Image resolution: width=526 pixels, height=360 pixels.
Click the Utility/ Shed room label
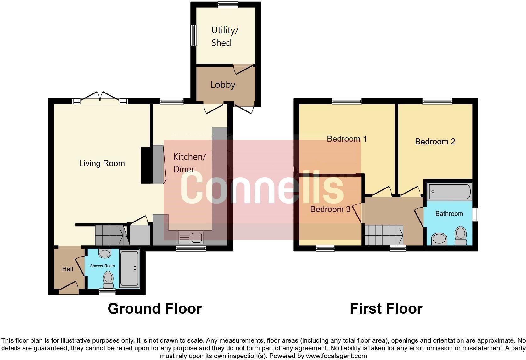(x=225, y=37)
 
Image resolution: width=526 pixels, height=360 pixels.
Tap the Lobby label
(x=223, y=85)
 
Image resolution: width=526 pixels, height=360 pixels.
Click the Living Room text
(x=102, y=163)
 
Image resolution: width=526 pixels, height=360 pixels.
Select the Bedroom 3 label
(x=330, y=209)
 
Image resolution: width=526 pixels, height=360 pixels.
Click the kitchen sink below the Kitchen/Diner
(x=191, y=237)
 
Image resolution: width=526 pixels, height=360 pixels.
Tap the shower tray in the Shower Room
(x=129, y=268)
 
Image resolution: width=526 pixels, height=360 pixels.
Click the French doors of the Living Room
(x=100, y=98)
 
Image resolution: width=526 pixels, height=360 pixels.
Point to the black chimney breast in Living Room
(x=146, y=165)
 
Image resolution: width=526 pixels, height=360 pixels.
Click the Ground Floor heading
(x=154, y=309)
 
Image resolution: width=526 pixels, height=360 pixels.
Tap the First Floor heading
(x=386, y=309)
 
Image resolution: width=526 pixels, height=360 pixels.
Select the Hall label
(x=67, y=269)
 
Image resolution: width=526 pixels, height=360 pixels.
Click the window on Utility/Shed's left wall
(x=194, y=35)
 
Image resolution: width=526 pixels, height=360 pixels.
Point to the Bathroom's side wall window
(x=475, y=214)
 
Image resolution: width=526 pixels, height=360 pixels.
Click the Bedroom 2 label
(x=435, y=142)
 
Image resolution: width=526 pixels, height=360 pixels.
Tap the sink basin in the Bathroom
(x=439, y=239)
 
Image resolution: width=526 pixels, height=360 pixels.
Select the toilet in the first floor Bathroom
(x=461, y=235)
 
